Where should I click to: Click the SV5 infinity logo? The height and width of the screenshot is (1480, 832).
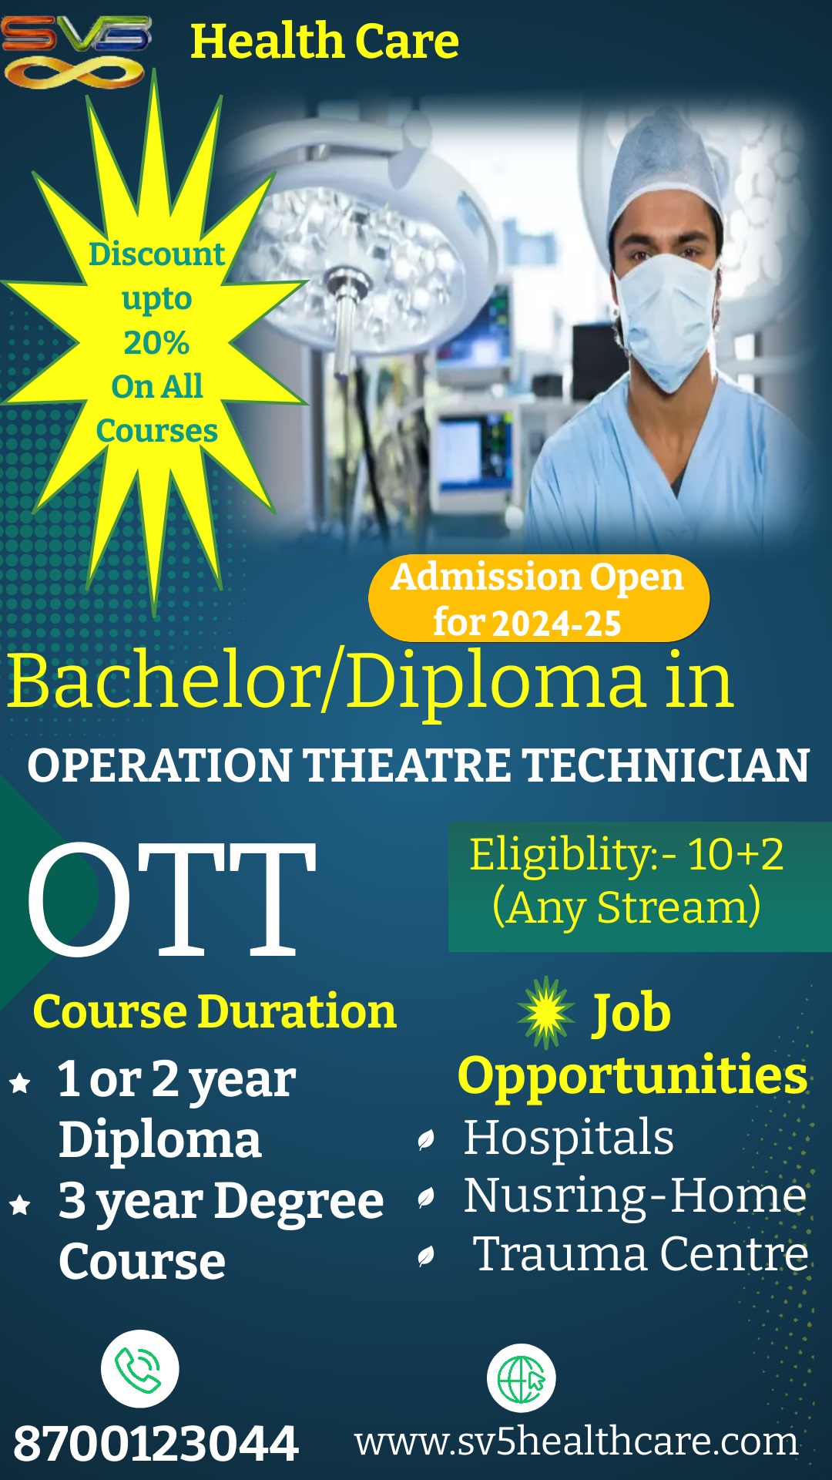tap(75, 51)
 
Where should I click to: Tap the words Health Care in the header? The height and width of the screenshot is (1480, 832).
tap(324, 42)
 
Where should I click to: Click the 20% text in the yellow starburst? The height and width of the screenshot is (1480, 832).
tap(156, 342)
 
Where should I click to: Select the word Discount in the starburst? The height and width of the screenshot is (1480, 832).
tap(156, 254)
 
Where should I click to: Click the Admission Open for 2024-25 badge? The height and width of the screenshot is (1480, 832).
tap(538, 599)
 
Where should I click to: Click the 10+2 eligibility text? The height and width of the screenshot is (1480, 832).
tap(735, 854)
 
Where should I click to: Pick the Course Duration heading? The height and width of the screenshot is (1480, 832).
tap(214, 1011)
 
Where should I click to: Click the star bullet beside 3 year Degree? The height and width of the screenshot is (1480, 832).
tap(20, 1204)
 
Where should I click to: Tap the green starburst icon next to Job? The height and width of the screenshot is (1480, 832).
tap(546, 1012)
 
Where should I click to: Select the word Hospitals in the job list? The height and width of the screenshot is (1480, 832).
tap(569, 1139)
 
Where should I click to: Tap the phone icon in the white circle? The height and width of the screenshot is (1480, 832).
tap(139, 1369)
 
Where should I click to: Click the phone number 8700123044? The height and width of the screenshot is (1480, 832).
tap(156, 1444)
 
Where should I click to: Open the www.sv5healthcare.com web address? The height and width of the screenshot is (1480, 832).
tap(576, 1441)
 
